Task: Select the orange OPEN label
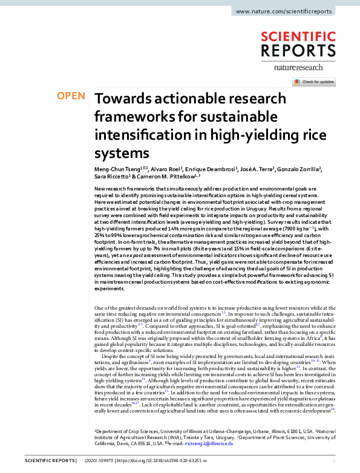[x=70, y=96]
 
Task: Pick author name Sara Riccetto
[x=114, y=177]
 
